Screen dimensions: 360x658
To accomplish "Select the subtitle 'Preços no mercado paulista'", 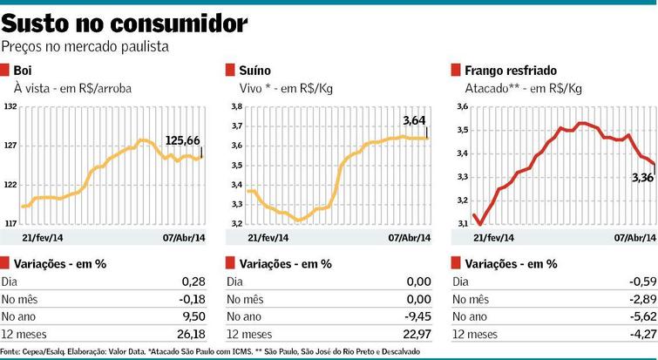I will point(84,46).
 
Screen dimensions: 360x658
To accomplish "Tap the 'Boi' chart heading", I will point(23,71).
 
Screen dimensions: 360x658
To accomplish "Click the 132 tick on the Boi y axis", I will point(10,106).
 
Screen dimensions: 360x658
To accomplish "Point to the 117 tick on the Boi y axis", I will point(10,224).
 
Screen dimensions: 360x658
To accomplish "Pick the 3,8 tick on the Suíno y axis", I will point(234,106).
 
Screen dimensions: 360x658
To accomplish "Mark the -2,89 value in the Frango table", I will point(641,298).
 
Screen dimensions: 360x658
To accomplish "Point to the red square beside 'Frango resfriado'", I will point(456,71).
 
